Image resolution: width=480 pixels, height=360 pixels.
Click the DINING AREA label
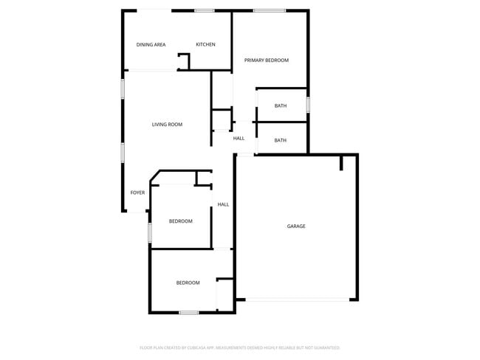(x=151, y=45)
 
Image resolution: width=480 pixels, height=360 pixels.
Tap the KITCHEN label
(x=205, y=45)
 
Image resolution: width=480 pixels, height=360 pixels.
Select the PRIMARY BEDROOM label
(x=267, y=60)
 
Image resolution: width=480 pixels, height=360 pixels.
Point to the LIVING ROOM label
(x=167, y=125)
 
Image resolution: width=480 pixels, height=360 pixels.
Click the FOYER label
(x=137, y=193)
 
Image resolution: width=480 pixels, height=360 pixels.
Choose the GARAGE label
(x=296, y=226)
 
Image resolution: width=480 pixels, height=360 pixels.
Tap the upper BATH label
(x=281, y=106)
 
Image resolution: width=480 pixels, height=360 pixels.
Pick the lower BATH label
(x=281, y=140)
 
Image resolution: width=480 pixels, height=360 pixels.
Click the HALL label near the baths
(x=239, y=139)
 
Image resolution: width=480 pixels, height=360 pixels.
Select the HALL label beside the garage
(x=223, y=204)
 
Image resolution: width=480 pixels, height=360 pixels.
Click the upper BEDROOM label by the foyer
(x=180, y=221)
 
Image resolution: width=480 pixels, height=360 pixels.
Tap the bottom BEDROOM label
(x=188, y=283)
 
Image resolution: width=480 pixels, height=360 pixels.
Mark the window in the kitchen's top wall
(x=205, y=10)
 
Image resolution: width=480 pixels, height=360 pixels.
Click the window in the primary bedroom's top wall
(x=270, y=10)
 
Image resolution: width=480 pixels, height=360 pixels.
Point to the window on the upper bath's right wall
(x=308, y=105)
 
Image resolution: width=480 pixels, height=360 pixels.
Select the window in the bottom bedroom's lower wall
(x=189, y=313)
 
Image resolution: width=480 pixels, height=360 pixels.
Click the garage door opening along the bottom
(x=298, y=300)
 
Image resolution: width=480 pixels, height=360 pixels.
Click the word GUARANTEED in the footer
(x=323, y=347)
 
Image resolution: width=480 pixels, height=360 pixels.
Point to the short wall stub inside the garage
(x=341, y=162)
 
